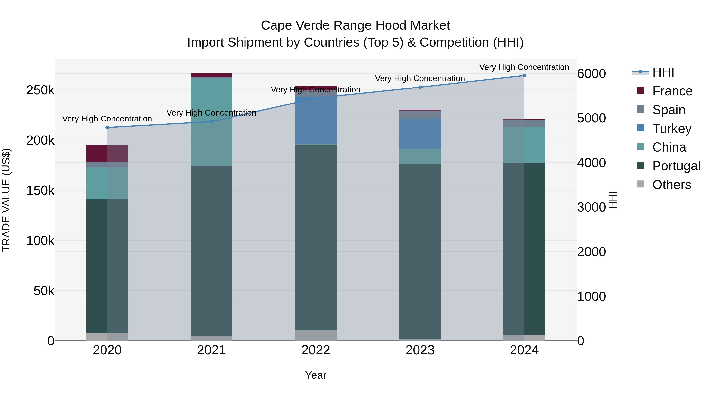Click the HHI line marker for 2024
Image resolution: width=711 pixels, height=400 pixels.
(x=524, y=76)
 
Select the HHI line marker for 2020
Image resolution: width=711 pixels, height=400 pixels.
(x=107, y=128)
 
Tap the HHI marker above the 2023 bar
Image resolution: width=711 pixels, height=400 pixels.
(x=420, y=87)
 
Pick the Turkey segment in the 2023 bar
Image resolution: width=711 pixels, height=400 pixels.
(x=420, y=134)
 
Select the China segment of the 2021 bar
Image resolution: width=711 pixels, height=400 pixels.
(x=211, y=122)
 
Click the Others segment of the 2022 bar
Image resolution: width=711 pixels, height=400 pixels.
(x=316, y=335)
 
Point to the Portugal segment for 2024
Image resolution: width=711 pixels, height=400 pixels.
(x=524, y=248)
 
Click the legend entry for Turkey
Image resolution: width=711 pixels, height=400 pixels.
(x=671, y=129)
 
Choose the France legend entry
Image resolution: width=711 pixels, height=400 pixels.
(x=672, y=91)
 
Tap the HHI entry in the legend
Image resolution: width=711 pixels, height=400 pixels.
(x=663, y=72)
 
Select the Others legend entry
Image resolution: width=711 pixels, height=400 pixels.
(x=671, y=185)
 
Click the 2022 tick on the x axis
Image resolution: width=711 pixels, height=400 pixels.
(x=316, y=350)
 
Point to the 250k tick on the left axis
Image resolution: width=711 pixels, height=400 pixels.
(x=40, y=90)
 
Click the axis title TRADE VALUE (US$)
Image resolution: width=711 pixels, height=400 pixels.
(x=6, y=200)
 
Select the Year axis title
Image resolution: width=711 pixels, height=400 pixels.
(x=316, y=375)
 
